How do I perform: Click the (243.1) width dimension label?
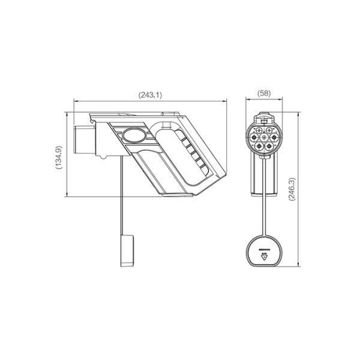pos(151,95)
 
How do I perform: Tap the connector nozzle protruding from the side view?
pos(82,139)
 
